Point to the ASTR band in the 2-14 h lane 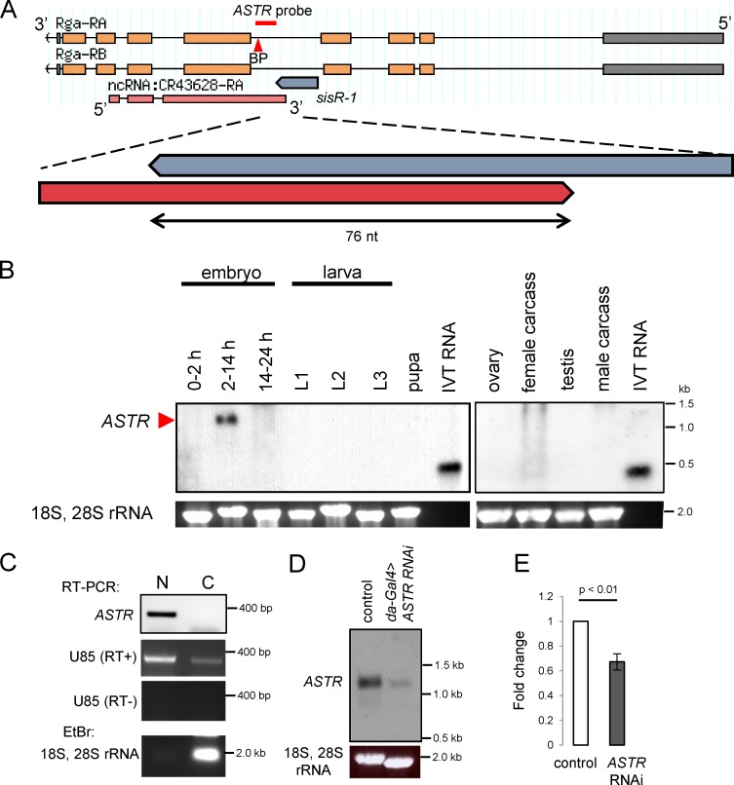227,420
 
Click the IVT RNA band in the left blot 446,467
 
